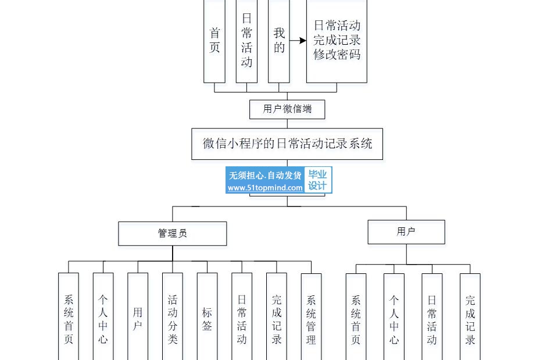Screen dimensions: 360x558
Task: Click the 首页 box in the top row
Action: (x=214, y=41)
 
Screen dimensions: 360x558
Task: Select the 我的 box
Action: (x=279, y=41)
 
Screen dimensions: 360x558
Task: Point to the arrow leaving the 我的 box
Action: (x=298, y=41)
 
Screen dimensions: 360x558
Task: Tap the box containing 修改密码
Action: (x=337, y=41)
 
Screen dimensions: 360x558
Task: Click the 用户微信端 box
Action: (x=287, y=109)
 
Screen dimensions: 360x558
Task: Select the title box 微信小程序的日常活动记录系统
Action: (x=287, y=144)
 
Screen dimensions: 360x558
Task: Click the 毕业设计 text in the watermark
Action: (x=317, y=180)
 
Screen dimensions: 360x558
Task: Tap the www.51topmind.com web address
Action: (x=265, y=188)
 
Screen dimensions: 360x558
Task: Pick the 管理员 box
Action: (x=173, y=234)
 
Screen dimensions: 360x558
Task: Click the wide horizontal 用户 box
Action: (x=406, y=232)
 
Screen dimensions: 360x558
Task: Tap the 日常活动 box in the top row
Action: (x=246, y=41)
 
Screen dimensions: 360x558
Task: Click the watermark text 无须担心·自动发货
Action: (x=265, y=175)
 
